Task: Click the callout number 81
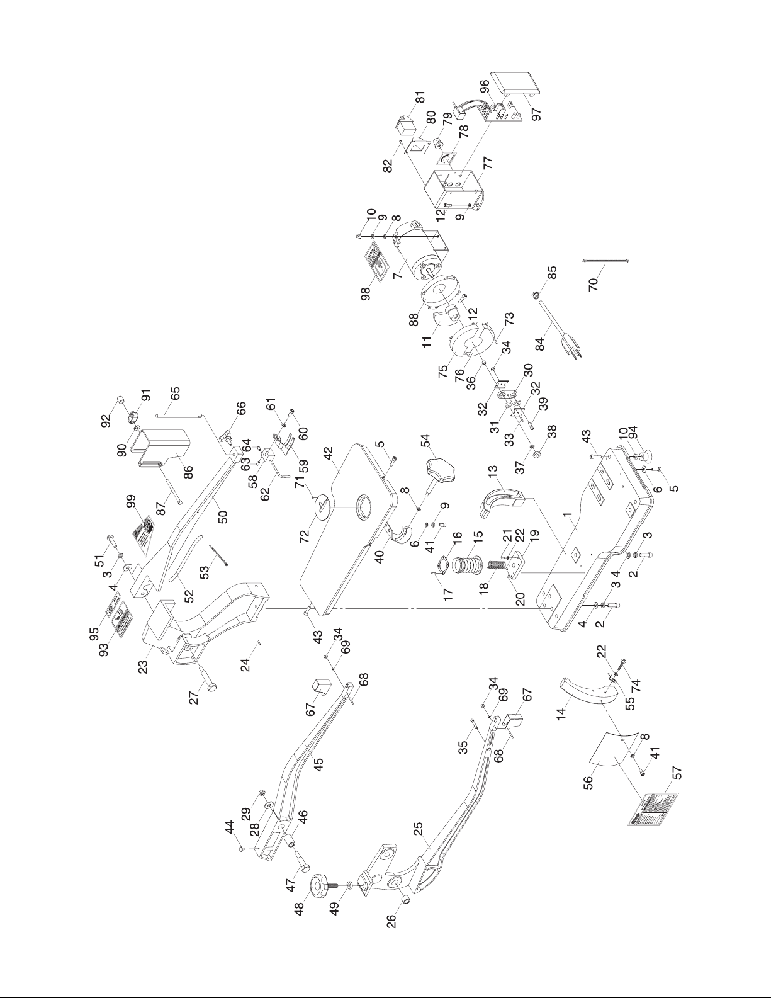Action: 420,98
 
